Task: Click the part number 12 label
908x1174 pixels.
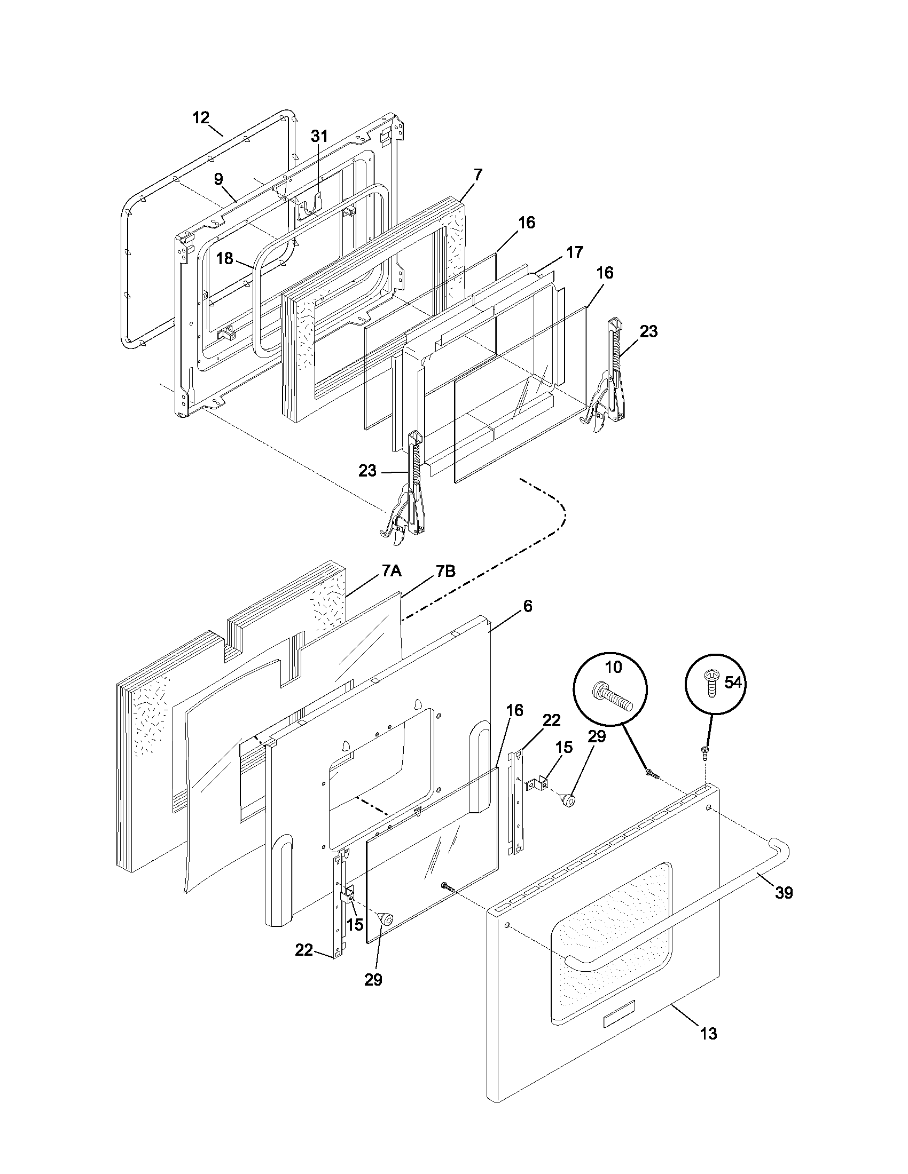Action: pos(201,118)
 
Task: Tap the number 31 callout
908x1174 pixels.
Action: pos(319,136)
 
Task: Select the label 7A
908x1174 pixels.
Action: pos(392,570)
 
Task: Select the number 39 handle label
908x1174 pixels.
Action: pos(784,892)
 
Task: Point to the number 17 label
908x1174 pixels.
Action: pos(575,251)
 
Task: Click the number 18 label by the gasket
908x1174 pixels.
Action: pos(224,259)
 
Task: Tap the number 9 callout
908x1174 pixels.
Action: pos(218,179)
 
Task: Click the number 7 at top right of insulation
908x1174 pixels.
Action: pos(478,174)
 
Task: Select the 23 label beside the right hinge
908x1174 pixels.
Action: pos(648,331)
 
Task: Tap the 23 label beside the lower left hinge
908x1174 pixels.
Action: pos(367,471)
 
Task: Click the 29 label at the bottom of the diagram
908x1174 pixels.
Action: pos(373,979)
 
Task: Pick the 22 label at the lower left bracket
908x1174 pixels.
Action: pos(304,950)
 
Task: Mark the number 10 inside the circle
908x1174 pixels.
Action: pos(613,667)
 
